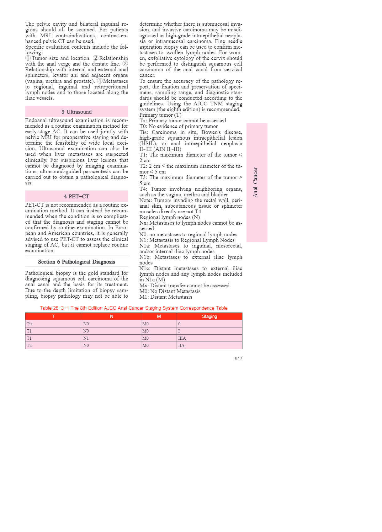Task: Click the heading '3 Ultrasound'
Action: (x=77, y=112)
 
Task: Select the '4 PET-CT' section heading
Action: (x=77, y=196)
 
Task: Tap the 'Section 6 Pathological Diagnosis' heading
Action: (x=77, y=262)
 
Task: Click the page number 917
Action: (x=238, y=359)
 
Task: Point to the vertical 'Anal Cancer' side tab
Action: (x=256, y=182)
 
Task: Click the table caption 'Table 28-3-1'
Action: (x=134, y=308)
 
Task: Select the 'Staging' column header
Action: (x=210, y=316)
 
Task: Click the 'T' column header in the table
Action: (x=54, y=316)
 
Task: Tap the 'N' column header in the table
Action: (x=111, y=316)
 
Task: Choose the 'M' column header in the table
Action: (x=159, y=316)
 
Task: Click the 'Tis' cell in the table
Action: (x=29, y=324)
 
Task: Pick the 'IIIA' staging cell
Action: (x=182, y=338)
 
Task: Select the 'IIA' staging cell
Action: (x=181, y=345)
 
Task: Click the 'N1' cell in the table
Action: (x=86, y=338)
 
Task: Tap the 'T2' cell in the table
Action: (x=29, y=345)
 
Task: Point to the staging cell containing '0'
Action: (x=179, y=324)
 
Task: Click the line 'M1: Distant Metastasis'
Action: (x=166, y=297)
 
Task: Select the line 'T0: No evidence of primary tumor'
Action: (x=178, y=126)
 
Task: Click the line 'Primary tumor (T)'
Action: (x=160, y=115)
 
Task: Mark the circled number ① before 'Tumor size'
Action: (x=28, y=58)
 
